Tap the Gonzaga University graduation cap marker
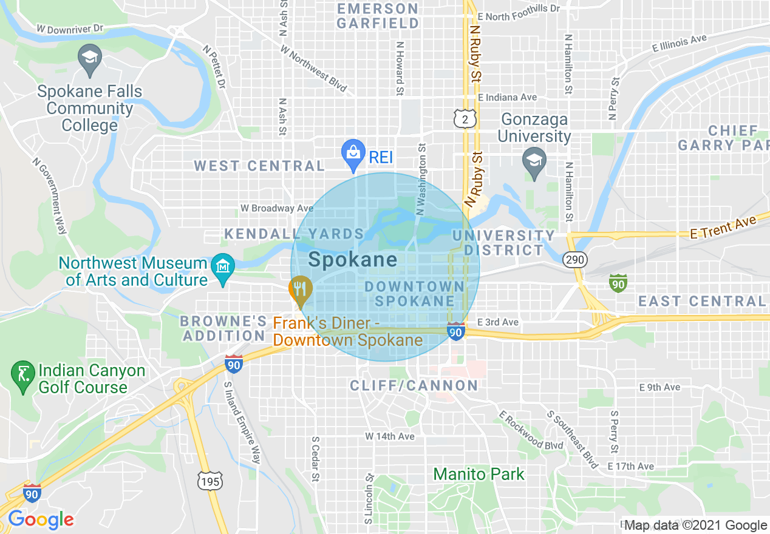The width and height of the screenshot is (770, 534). [x=534, y=161]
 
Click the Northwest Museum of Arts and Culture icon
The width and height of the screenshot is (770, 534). [x=223, y=269]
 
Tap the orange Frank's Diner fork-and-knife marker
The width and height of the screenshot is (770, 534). [x=299, y=289]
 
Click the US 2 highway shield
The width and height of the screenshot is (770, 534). [x=465, y=120]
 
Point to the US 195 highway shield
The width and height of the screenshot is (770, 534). [x=210, y=481]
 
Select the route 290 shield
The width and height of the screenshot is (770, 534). [x=574, y=260]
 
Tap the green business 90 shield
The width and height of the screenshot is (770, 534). [x=618, y=282]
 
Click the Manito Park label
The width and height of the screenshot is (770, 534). [x=479, y=474]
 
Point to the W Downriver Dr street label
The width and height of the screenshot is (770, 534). [x=70, y=29]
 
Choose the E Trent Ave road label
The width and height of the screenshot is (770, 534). [x=723, y=228]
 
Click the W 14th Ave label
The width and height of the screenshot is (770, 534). [x=390, y=436]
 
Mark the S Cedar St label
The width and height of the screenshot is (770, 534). [x=315, y=459]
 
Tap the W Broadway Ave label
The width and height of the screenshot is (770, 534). [x=276, y=208]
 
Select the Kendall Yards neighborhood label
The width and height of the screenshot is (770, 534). [x=294, y=234]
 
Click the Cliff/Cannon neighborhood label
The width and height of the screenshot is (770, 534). [x=414, y=385]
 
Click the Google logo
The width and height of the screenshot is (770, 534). [x=41, y=519]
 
